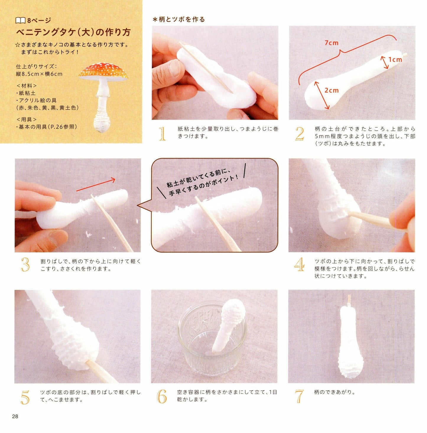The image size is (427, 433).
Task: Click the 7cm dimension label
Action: coord(332,43)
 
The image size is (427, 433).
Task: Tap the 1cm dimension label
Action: coord(395,60)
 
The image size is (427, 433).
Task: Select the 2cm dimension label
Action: coord(332,90)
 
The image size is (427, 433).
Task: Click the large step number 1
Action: coord(162,134)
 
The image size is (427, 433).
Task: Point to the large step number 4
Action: coord(299,264)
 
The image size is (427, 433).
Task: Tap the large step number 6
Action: coord(162,396)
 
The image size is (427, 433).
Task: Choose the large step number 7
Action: coord(299,396)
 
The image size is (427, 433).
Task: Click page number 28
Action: coord(15,416)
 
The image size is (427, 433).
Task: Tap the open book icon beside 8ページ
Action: coord(20,21)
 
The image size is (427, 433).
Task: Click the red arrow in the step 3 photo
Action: coord(96,185)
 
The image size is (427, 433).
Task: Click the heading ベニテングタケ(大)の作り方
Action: coord(73,32)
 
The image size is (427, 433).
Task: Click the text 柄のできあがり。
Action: coord(335,392)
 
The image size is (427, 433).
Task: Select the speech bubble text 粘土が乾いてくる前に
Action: coord(198,179)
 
